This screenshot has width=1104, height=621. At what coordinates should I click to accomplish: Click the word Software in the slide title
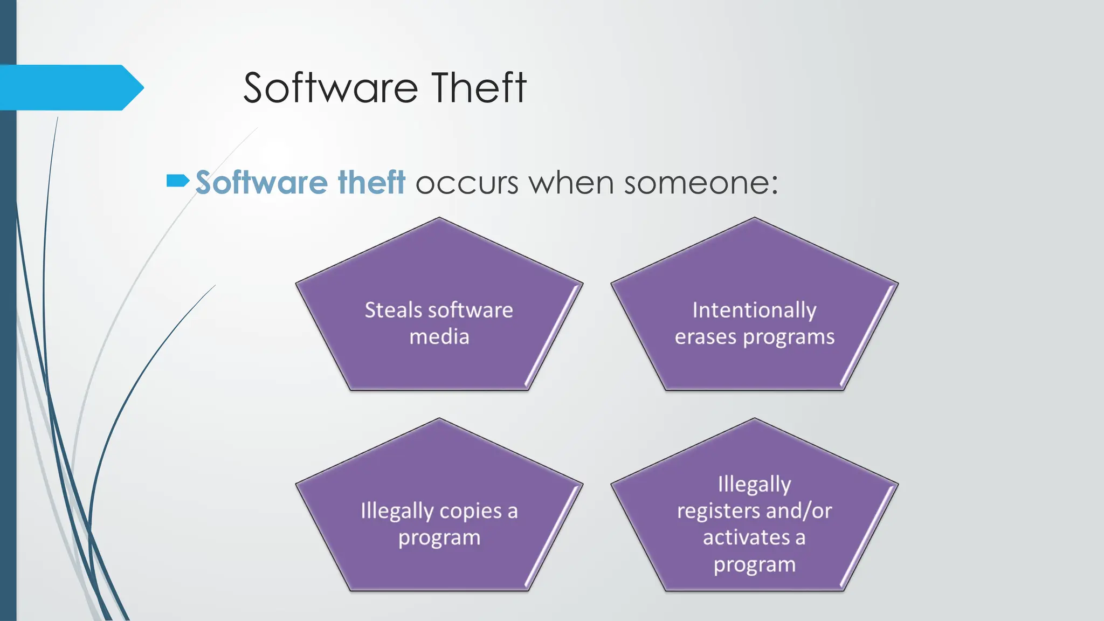(x=330, y=88)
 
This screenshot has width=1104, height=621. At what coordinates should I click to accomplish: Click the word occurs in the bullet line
(x=466, y=183)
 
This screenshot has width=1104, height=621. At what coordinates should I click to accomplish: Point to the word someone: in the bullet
(x=701, y=183)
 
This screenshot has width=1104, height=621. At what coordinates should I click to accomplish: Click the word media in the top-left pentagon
(x=439, y=337)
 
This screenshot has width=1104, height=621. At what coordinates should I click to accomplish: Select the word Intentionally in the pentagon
(x=754, y=310)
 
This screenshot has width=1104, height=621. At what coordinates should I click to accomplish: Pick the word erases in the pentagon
(x=706, y=337)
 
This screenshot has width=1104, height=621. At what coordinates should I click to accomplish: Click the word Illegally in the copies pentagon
(x=397, y=511)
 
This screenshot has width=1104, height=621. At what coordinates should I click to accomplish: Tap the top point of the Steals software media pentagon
(x=439, y=219)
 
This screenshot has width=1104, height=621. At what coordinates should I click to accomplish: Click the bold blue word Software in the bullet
(x=261, y=182)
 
